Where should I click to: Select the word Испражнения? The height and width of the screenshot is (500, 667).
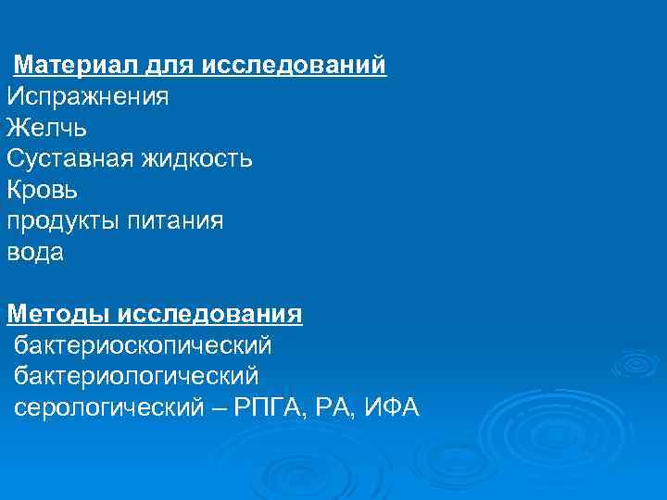88,96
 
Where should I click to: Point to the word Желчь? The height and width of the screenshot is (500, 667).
46,128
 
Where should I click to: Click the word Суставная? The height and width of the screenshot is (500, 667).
70,159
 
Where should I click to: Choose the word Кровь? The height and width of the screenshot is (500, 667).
43,190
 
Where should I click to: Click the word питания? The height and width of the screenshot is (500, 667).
177,221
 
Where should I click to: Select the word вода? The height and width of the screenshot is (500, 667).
35,253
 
